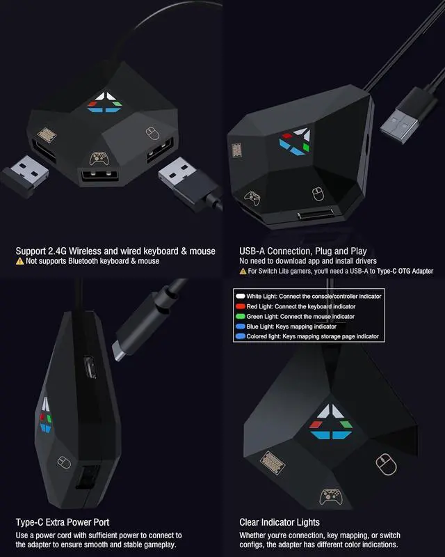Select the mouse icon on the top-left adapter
(152, 132)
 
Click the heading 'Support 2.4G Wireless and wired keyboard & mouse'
(115, 251)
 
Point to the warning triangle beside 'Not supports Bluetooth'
(20, 261)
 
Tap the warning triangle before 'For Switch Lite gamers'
(243, 271)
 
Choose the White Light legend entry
(310, 296)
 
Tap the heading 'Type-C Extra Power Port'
(63, 521)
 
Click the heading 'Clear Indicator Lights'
(279, 521)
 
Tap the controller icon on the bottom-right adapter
(330, 496)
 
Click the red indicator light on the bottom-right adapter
(316, 423)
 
